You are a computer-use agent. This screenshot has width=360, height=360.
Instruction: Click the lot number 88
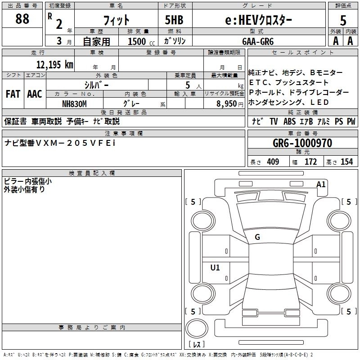(22, 19)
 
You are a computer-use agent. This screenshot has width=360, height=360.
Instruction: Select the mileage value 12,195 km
(54, 64)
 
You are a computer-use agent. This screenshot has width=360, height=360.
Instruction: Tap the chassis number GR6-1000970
(302, 143)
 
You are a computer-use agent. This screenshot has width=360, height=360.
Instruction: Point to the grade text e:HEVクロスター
(258, 19)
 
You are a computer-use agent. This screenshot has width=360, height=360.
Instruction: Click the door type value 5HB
(174, 19)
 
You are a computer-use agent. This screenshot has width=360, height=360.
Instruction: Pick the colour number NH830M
(74, 103)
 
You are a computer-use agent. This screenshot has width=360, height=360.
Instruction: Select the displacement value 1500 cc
(140, 41)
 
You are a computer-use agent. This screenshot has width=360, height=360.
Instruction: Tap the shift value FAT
(13, 94)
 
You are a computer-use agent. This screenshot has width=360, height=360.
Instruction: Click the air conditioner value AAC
(34, 94)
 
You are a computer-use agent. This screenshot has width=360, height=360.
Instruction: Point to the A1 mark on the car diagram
(321, 184)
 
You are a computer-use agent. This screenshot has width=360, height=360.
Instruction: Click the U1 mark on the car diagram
(215, 267)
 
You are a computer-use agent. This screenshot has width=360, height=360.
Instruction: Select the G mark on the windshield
(257, 237)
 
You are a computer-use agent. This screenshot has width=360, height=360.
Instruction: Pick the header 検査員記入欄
(92, 173)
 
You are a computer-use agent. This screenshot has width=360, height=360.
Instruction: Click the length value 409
(273, 162)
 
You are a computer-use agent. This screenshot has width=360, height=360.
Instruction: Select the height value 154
(346, 162)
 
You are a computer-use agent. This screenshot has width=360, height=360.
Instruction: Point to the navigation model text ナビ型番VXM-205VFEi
(60, 143)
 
